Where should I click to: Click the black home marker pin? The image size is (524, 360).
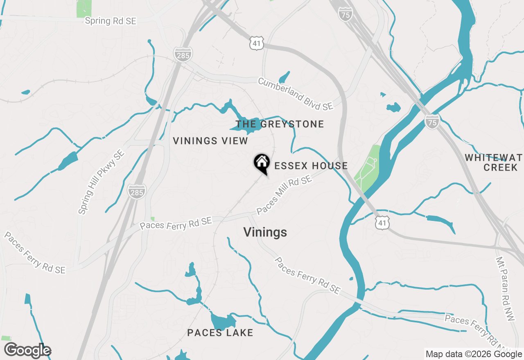click(261, 163)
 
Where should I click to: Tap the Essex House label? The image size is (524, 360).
click(311, 166)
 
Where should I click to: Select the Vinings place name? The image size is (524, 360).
click(265, 232)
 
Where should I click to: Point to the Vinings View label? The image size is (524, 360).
click(210, 141)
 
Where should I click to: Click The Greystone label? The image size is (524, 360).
click(280, 124)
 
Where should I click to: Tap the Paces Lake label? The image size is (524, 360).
click(220, 333)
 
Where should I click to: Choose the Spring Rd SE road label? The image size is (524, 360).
click(111, 21)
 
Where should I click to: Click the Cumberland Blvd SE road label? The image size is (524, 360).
click(296, 94)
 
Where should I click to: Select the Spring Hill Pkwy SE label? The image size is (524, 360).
click(101, 181)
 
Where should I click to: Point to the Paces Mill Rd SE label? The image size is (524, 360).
click(284, 195)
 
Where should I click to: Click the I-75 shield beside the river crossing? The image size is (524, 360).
click(432, 122)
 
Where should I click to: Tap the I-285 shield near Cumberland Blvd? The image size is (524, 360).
click(182, 54)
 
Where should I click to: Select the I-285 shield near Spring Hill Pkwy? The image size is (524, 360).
click(136, 191)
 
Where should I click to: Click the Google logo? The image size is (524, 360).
click(27, 351)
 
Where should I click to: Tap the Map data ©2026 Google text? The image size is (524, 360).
click(474, 354)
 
